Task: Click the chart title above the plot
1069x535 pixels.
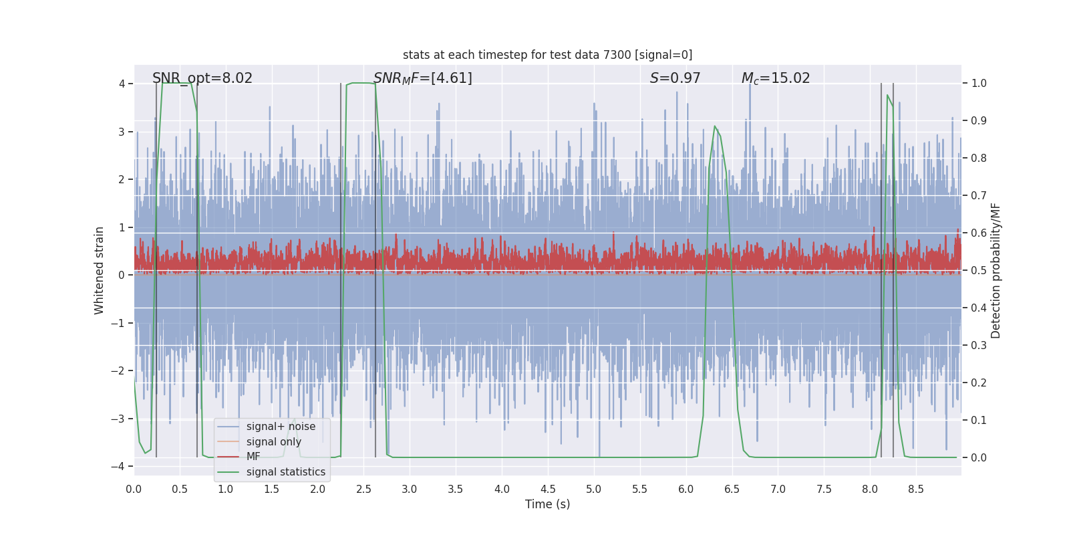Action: click(x=547, y=55)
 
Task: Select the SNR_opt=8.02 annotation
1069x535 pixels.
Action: click(x=202, y=78)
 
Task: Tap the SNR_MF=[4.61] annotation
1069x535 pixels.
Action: click(x=422, y=78)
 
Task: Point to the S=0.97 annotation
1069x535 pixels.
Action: click(x=675, y=78)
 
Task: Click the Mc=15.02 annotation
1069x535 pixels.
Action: click(x=775, y=78)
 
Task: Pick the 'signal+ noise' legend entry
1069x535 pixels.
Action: click(x=281, y=427)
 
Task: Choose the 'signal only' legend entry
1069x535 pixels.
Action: click(x=273, y=442)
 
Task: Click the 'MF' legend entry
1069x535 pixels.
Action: click(x=253, y=457)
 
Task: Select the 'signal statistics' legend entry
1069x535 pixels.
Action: click(x=285, y=472)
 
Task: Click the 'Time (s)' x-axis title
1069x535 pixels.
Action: click(x=547, y=504)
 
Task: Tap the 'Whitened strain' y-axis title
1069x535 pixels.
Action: click(x=100, y=270)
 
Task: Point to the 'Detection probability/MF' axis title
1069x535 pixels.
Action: click(x=996, y=270)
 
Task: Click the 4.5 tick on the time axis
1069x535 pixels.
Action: click(x=548, y=490)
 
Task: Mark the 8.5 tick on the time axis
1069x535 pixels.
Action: click(x=915, y=490)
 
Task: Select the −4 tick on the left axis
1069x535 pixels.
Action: click(x=121, y=466)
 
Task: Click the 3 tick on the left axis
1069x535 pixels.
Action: click(x=122, y=132)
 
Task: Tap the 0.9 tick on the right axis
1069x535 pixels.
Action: click(x=979, y=121)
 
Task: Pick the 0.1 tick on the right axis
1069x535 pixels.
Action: click(x=979, y=421)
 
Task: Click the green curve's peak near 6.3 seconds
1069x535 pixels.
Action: click(x=715, y=126)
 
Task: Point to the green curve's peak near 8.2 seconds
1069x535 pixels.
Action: click(x=887, y=95)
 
